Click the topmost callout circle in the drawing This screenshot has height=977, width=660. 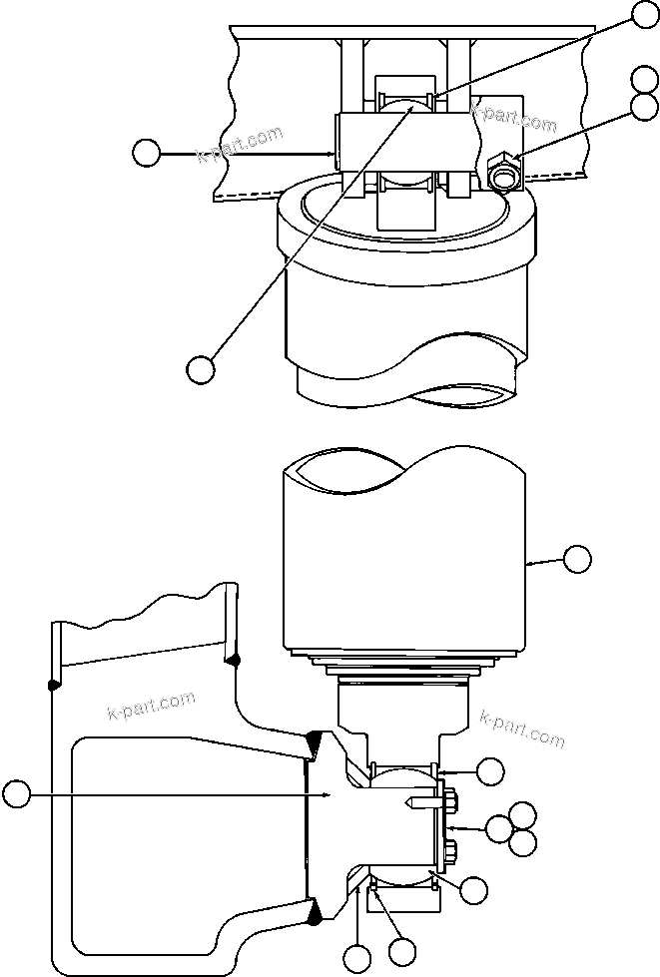point(644,14)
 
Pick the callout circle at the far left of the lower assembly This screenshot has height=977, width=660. point(16,794)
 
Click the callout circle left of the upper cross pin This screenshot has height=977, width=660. point(147,153)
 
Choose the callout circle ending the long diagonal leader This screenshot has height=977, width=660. point(201,367)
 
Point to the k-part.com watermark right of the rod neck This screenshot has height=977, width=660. point(522,729)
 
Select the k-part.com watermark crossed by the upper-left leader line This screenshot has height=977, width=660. point(242,144)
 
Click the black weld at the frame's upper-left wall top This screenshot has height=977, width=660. point(53,685)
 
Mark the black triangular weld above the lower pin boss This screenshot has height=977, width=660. point(313,740)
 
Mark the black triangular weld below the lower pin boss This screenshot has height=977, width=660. point(315,909)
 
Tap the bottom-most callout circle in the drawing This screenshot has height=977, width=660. point(356,960)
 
